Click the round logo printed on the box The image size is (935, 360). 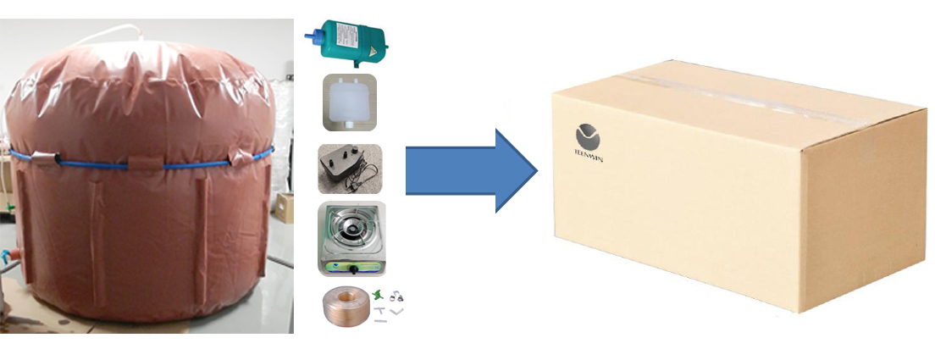pyautogui.click(x=586, y=136)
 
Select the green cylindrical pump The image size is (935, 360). pyautogui.click(x=348, y=37)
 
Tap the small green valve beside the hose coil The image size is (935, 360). pyautogui.click(x=377, y=294)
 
